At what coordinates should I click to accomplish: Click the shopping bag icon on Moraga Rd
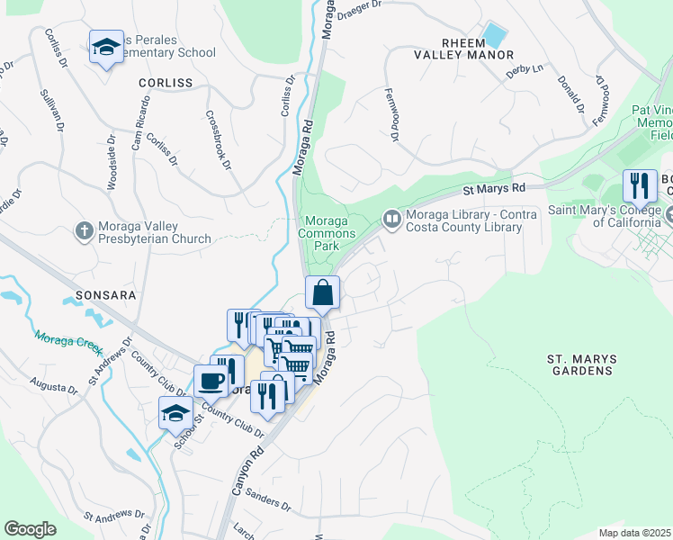tap(323, 292)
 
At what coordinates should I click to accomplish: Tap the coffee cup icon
tap(211, 381)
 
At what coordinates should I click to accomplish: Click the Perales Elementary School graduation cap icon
tap(106, 47)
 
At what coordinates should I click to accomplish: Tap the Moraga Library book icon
tap(392, 218)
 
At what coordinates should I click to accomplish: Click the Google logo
tap(30, 529)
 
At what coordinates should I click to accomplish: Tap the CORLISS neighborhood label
tap(166, 82)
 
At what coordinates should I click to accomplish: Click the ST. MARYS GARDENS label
tap(582, 364)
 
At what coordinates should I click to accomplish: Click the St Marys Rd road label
tap(493, 190)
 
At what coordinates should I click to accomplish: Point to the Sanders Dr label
tap(267, 502)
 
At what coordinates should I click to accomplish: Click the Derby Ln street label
tap(525, 69)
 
